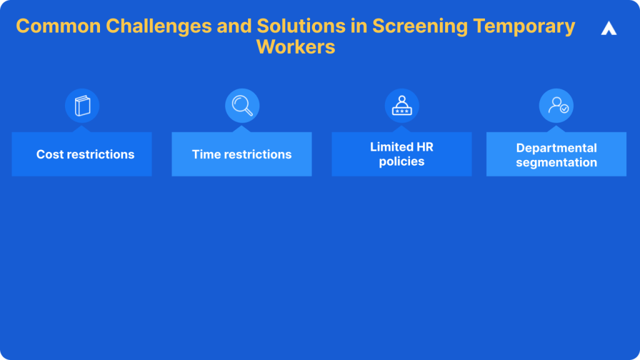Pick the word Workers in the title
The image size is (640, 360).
pyautogui.click(x=296, y=47)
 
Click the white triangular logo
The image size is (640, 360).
pyautogui.click(x=609, y=28)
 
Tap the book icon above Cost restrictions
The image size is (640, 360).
pyautogui.click(x=82, y=106)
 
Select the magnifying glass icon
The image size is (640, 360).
pyautogui.click(x=242, y=106)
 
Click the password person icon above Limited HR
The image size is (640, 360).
pyautogui.click(x=402, y=106)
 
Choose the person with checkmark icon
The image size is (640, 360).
pyautogui.click(x=557, y=106)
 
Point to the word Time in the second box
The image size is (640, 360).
pyautogui.click(x=204, y=154)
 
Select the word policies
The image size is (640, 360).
pyautogui.click(x=402, y=161)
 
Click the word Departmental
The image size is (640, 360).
pyautogui.click(x=556, y=148)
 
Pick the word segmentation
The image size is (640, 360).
pyautogui.click(x=556, y=162)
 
